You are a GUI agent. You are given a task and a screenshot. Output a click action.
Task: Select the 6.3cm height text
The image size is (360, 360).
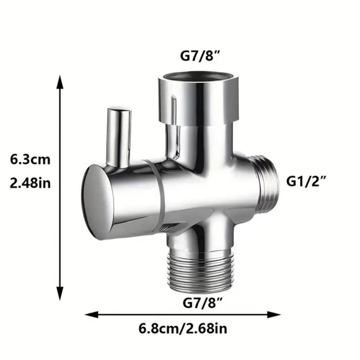(x=30, y=159)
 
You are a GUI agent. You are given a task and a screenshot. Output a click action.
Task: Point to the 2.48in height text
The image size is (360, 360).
(x=30, y=183)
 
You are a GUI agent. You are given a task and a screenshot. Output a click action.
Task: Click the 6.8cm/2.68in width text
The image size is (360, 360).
(x=182, y=329)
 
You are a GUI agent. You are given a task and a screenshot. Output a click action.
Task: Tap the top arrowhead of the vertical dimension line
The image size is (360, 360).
(x=60, y=82)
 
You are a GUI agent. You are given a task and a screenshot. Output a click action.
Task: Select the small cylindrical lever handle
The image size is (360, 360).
(x=118, y=136)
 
